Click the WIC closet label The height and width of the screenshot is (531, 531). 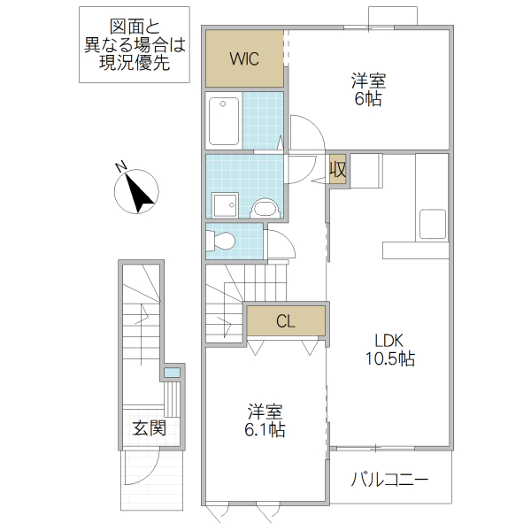[243, 59]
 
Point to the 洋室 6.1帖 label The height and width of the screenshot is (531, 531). [265, 420]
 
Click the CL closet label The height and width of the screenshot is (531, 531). [285, 321]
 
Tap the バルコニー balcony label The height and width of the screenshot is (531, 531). [389, 481]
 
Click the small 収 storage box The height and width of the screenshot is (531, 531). [337, 168]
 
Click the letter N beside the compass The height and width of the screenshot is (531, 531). [121, 165]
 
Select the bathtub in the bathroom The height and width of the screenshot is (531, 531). [224, 120]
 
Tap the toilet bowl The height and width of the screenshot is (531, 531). [222, 240]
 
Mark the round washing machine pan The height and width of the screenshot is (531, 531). [265, 208]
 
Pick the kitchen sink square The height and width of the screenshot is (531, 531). [433, 223]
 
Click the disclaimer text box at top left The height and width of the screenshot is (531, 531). [135, 45]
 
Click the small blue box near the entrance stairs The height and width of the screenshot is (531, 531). [172, 373]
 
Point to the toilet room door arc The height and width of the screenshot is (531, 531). [279, 244]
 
